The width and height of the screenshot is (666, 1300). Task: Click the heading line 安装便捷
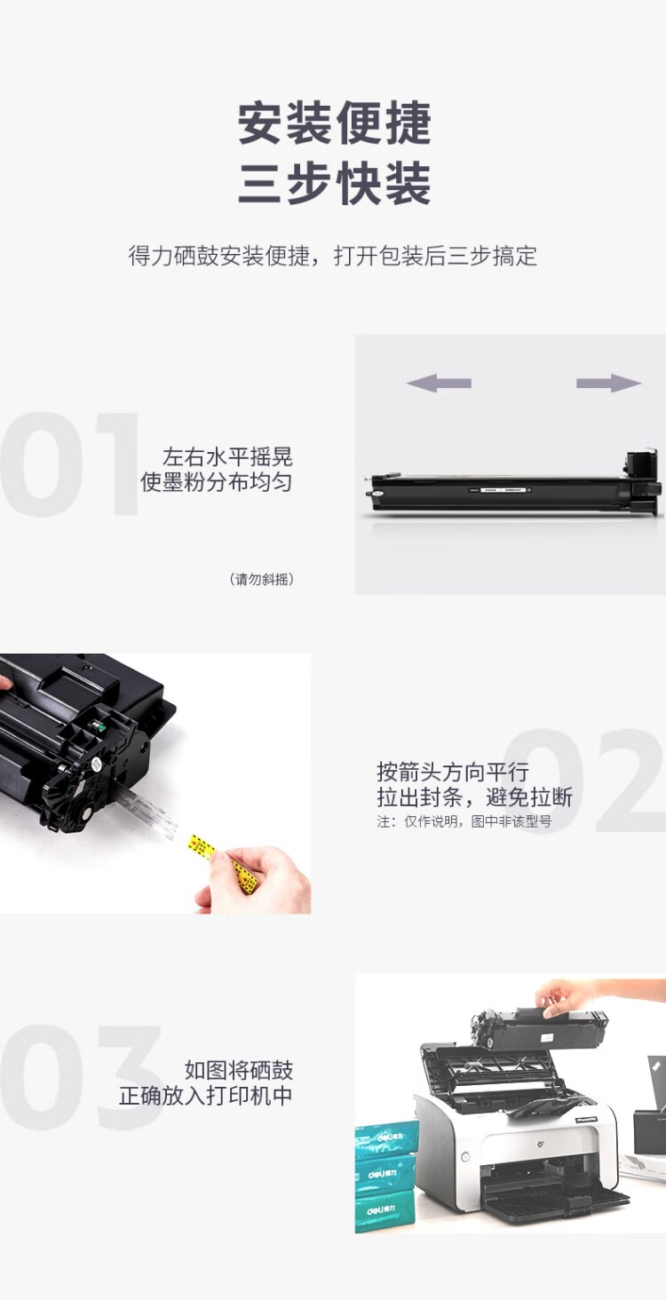tap(335, 123)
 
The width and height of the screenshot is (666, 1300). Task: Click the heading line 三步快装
tap(335, 184)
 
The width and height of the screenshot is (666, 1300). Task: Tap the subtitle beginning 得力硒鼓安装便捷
tap(333, 256)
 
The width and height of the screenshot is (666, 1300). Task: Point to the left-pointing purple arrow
tap(439, 383)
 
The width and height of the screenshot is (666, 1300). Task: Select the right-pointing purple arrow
tap(609, 383)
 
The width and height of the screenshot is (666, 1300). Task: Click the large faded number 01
tap(69, 464)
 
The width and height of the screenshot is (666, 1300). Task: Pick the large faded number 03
tap(81, 1077)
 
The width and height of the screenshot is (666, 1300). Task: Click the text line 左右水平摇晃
tap(227, 457)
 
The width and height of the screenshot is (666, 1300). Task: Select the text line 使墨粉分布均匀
tap(217, 482)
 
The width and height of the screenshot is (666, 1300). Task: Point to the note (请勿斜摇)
tap(262, 579)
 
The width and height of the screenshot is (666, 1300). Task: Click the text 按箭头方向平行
tap(453, 773)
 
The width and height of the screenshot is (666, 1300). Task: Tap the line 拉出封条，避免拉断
tap(474, 797)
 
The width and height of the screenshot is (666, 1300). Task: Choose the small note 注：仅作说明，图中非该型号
tap(464, 821)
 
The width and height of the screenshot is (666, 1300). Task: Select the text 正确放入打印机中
tap(205, 1096)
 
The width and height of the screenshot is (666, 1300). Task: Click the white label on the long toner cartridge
tap(502, 490)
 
